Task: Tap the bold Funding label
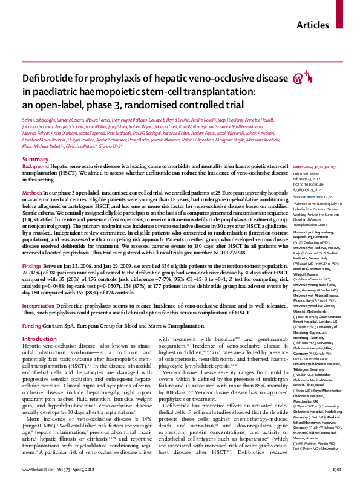click(x=33, y=308)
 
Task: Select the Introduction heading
click(x=43, y=322)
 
